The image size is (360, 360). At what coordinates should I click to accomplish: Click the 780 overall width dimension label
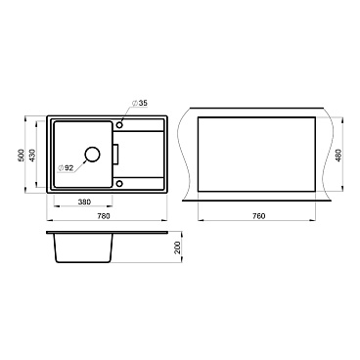point(104,216)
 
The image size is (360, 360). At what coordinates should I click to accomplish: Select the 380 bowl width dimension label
point(84,202)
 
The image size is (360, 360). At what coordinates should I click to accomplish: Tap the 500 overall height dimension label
point(21,155)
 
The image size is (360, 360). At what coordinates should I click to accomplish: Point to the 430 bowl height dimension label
point(32,155)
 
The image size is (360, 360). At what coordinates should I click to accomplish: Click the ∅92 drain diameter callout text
point(65,168)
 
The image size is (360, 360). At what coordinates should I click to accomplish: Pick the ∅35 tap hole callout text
point(140,103)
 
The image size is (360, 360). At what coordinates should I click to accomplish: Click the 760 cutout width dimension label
point(259,216)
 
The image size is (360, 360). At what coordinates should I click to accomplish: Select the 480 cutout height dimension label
point(338,155)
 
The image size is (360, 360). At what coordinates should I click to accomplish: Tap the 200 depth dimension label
point(178,247)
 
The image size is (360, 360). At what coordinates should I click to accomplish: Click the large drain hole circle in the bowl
point(92,155)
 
